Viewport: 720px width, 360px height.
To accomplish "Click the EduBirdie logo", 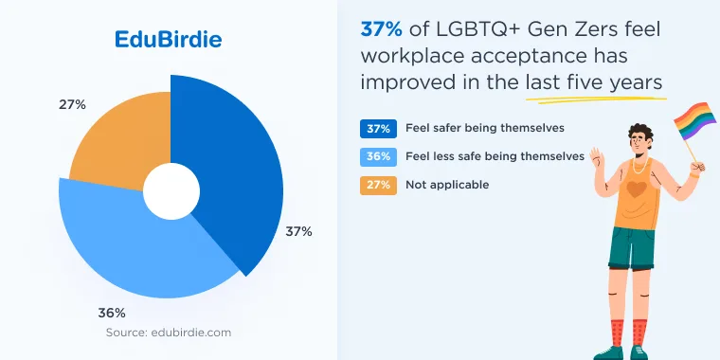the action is [168, 40].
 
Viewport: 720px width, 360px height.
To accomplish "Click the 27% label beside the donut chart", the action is [72, 105].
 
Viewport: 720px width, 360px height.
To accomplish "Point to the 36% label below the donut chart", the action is [112, 314].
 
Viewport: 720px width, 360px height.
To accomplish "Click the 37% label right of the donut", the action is [298, 232].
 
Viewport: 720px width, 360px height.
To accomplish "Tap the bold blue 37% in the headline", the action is [382, 30].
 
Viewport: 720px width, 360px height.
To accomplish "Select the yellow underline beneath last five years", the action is [596, 99].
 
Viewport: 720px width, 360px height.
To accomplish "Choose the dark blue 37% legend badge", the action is [378, 129].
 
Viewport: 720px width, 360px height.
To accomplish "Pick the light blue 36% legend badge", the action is [378, 157].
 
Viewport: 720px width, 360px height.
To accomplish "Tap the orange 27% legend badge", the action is [378, 186].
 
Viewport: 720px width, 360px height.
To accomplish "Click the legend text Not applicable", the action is [447, 185].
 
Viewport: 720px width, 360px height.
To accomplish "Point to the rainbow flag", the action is [694, 120].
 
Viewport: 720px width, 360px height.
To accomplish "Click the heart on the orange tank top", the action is [637, 189].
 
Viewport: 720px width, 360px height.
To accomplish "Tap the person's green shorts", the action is [632, 248].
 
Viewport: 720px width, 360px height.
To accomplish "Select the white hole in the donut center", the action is [171, 191].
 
